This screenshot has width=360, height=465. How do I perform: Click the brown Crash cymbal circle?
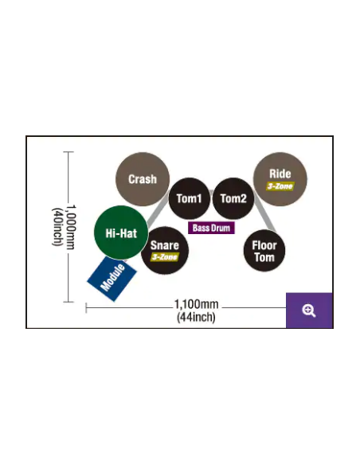pyautogui.click(x=143, y=179)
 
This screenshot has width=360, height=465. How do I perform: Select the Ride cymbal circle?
pyautogui.click(x=280, y=179)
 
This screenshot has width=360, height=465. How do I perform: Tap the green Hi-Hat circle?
pyautogui.click(x=121, y=232)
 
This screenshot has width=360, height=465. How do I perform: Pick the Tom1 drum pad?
pyautogui.click(x=190, y=198)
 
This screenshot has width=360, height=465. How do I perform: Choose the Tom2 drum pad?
pyautogui.click(x=233, y=198)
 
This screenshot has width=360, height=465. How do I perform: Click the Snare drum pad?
pyautogui.click(x=165, y=251)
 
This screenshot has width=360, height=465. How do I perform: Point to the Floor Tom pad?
pyautogui.click(x=264, y=251)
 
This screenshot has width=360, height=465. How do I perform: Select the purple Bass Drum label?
pyautogui.click(x=211, y=228)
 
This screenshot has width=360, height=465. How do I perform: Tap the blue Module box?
pyautogui.click(x=112, y=279)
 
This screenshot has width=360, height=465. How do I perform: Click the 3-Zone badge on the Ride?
pyautogui.click(x=280, y=186)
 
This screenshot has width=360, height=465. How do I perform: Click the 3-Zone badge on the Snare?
pyautogui.click(x=165, y=257)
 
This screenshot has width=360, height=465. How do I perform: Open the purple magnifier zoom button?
pyautogui.click(x=309, y=311)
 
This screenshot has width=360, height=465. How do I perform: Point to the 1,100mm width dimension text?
pyautogui.click(x=196, y=304)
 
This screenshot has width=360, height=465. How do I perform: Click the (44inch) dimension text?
pyautogui.click(x=196, y=317)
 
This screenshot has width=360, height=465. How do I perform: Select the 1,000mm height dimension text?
pyautogui.click(x=71, y=227)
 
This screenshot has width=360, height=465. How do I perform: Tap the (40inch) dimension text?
pyautogui.click(x=57, y=227)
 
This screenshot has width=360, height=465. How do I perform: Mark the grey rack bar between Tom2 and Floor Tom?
pyautogui.click(x=264, y=213)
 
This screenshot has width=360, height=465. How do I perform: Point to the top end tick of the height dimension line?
pyautogui.click(x=68, y=152)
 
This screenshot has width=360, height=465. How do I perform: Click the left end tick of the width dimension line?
pyautogui.click(x=86, y=308)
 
